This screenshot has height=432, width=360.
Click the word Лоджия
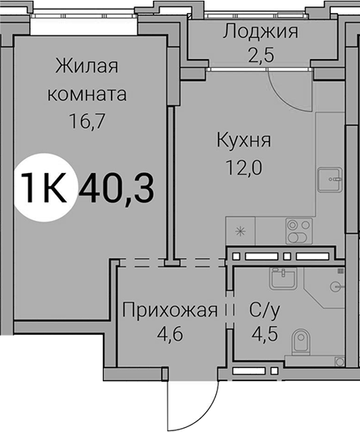260,32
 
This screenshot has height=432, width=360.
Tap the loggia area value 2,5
260,55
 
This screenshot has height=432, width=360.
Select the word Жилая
87,66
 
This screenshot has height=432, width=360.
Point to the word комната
87,94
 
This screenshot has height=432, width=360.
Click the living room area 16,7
87,121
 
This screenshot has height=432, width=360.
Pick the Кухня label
244,141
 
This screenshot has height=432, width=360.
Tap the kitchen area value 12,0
244,167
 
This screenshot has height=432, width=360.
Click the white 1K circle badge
44,188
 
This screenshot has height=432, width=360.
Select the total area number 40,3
116,188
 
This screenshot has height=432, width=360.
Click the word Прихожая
170,310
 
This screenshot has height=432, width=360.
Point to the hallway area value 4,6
170,334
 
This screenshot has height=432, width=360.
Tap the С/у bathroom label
265,311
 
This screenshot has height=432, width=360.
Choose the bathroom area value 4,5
265,334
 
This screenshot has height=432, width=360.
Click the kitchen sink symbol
330,180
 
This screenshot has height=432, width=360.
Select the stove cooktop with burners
299,231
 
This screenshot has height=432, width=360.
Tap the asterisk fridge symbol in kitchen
240,231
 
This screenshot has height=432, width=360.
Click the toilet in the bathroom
301,341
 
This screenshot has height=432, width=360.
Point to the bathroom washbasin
283,278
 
